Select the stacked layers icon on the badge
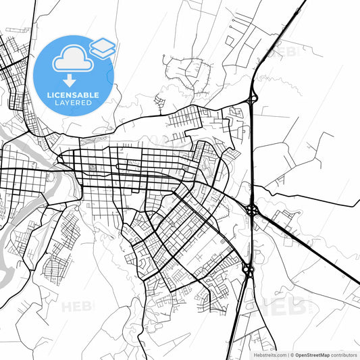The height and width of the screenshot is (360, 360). tap(103, 48)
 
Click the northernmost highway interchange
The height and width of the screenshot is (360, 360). tap(252, 99)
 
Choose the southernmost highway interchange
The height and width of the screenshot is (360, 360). tap(248, 270)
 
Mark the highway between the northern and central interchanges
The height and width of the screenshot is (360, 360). tap(252, 155)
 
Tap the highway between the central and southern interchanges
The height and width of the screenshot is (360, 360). tap(251, 240)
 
